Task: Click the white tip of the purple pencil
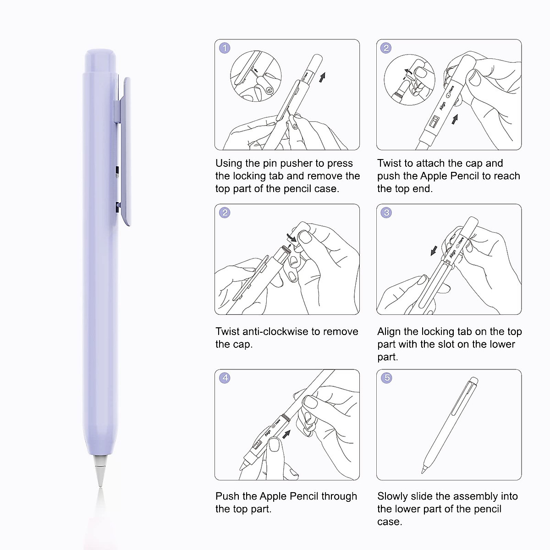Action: coord(99,470)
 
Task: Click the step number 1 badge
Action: coord(225,48)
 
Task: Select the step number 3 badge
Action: coord(386,213)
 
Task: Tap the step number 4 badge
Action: coord(225,378)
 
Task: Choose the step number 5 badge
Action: coord(386,378)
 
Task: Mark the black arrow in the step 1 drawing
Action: coord(323,77)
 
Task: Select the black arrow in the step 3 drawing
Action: coord(433,251)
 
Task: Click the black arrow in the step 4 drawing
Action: coord(286,433)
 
